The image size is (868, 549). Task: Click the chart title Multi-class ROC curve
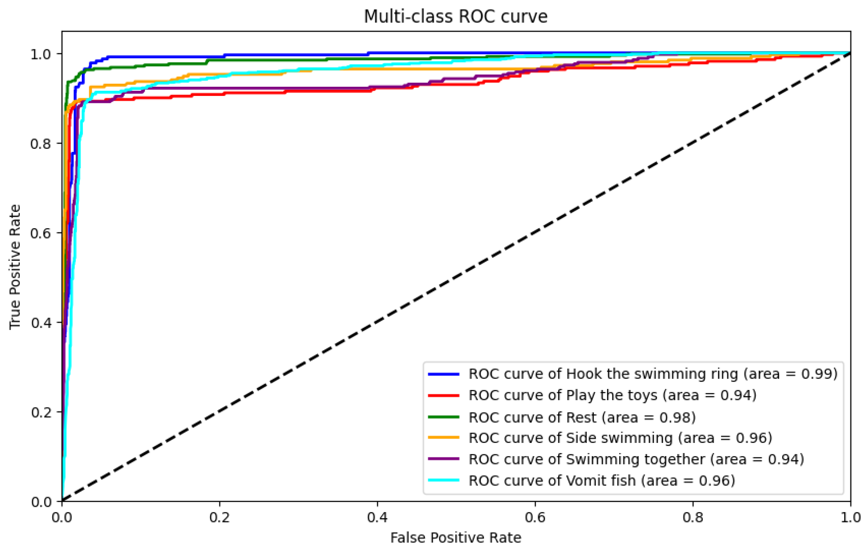point(456,17)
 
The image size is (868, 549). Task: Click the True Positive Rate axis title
point(15,267)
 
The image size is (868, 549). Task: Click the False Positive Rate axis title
point(456,538)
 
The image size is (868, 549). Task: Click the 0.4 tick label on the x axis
point(378,518)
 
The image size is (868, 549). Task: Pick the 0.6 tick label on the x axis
point(535,518)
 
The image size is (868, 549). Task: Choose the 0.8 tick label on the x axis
point(693,518)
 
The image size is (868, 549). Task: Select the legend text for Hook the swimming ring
point(652,374)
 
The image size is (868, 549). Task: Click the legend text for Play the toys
point(612,395)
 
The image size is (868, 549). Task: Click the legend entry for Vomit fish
point(601,480)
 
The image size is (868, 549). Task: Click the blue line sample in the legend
point(444,374)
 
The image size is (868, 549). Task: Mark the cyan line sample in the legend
point(444,480)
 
